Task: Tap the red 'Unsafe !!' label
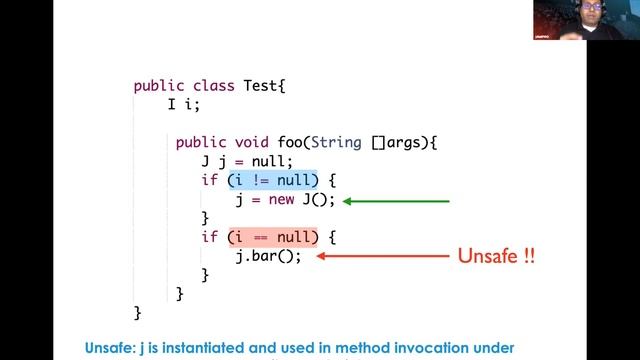[x=496, y=256]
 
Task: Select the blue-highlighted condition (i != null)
[x=272, y=180]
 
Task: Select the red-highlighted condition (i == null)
[x=272, y=237]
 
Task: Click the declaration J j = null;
[x=247, y=162]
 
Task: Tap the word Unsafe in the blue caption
[x=112, y=348]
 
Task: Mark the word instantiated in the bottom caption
[x=217, y=348]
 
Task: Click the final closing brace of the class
[x=138, y=313]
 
